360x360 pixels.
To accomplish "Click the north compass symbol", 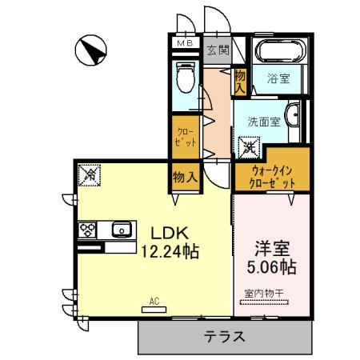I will [x=90, y=53].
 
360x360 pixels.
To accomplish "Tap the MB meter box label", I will [x=184, y=42].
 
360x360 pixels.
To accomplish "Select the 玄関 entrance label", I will [x=216, y=50].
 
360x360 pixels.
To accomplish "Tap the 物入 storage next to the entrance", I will [x=240, y=80].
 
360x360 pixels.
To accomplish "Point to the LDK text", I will [x=170, y=233].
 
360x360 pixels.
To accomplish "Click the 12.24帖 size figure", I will [x=170, y=252].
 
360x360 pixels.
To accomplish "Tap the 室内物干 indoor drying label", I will [x=262, y=293].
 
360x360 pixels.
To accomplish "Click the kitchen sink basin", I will [x=123, y=230].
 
